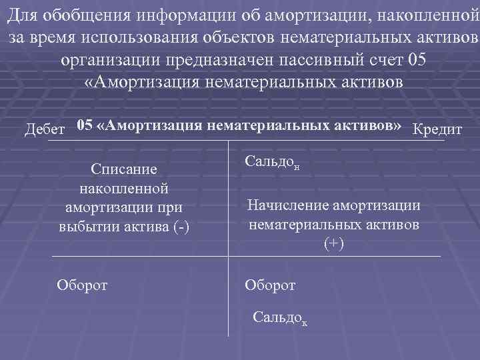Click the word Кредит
438,129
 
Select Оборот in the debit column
83,285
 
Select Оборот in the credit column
270,285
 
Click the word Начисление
287,207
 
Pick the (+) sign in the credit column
333,243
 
